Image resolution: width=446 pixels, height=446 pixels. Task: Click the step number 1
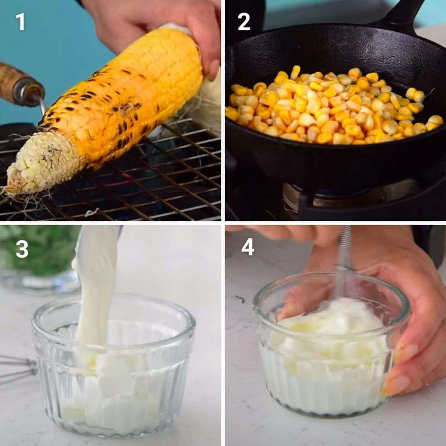coord(20,22)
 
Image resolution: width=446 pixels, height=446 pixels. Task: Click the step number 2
coord(244,22)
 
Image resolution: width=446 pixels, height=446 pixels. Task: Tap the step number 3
coord(22,249)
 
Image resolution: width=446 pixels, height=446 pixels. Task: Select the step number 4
coord(247,247)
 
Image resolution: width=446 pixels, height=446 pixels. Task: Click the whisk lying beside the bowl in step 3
coord(17,368)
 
